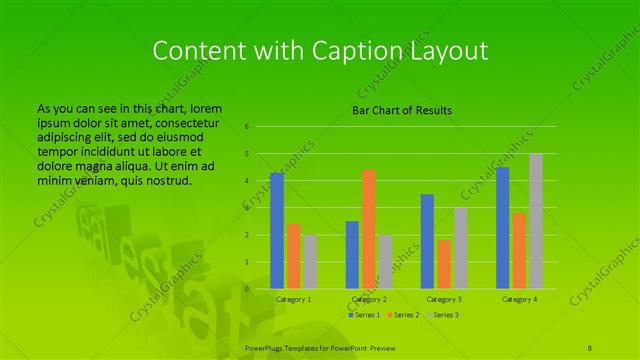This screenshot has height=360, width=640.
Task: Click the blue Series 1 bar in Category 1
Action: [277, 231]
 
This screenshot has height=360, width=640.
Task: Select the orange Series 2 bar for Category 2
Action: [369, 229]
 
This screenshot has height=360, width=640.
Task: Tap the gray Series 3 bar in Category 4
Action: [536, 221]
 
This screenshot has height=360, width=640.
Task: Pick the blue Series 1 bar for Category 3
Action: [427, 241]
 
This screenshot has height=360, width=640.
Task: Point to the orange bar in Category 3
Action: [444, 264]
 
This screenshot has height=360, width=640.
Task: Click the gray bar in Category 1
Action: [310, 262]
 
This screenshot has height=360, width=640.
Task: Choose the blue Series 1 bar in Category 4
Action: [503, 228]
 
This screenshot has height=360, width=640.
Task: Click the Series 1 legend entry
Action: [364, 315]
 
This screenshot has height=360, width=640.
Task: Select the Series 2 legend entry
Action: [405, 315]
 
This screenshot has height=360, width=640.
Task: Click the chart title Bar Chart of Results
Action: [402, 109]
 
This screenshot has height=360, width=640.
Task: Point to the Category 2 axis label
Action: [369, 299]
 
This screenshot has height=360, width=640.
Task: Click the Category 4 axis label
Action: [519, 299]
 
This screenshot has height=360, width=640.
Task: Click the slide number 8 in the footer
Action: [591, 345]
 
